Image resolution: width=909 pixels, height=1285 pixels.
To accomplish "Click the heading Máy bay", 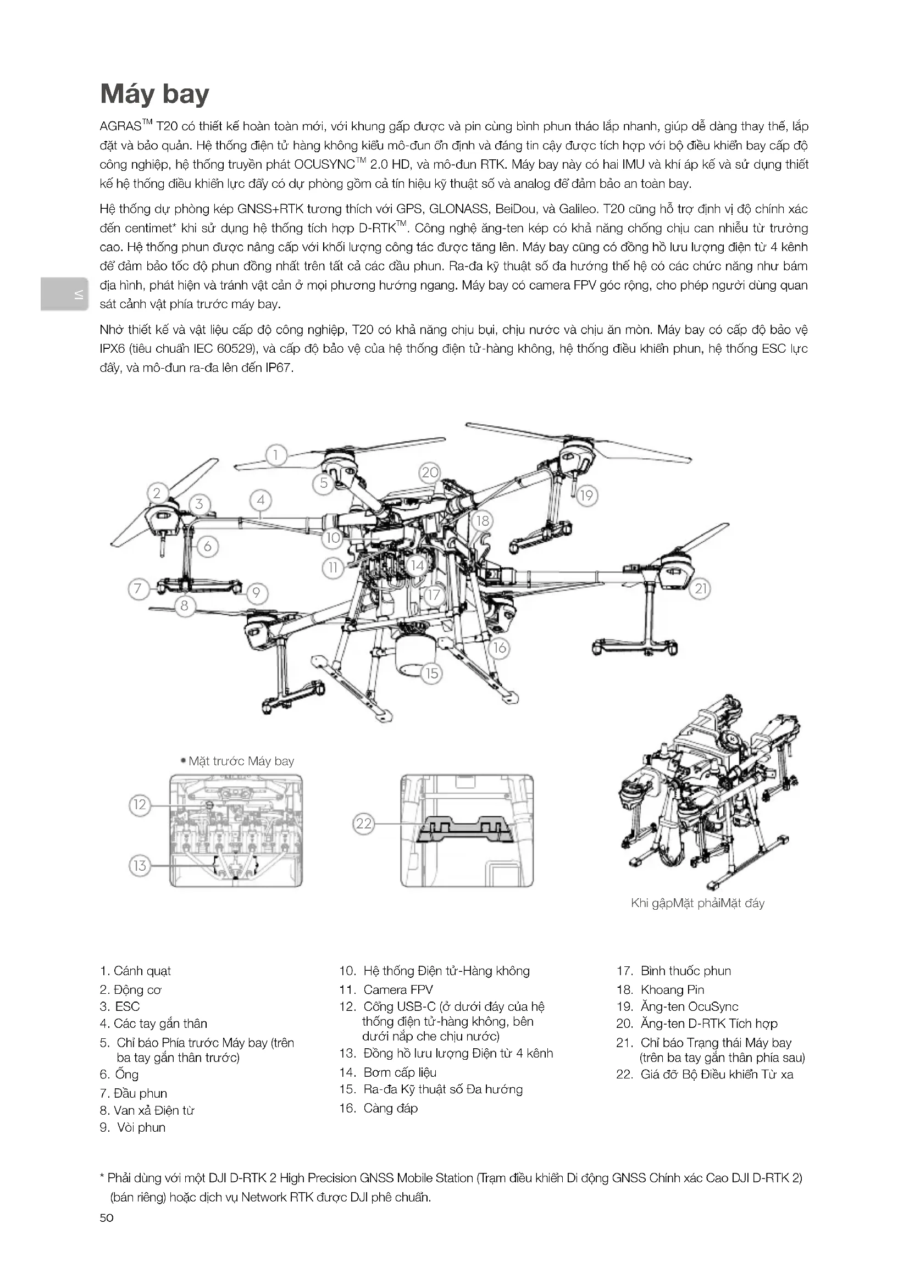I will (x=154, y=94).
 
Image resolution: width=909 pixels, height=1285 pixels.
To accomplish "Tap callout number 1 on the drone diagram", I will (x=275, y=455).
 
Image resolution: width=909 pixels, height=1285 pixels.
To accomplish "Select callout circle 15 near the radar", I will (x=431, y=673).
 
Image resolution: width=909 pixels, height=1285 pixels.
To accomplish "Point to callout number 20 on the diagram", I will (x=430, y=472).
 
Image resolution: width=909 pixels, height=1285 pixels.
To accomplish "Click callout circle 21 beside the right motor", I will (x=701, y=588).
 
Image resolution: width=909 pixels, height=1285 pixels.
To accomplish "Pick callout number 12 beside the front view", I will (x=140, y=805).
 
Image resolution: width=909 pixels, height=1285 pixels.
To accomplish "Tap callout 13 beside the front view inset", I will (x=140, y=866).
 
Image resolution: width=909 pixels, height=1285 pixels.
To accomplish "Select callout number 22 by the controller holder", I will (x=364, y=824).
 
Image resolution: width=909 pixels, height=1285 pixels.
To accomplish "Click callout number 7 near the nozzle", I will (x=138, y=588).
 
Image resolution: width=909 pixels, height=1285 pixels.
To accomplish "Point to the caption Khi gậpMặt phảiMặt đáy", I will (x=697, y=903).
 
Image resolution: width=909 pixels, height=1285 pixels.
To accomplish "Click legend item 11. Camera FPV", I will (x=386, y=989).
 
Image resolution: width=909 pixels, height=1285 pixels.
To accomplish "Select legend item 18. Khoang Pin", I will (x=661, y=989).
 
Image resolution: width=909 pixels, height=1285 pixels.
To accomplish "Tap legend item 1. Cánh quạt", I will (x=135, y=970).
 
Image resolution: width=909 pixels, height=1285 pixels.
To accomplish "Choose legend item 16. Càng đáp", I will (x=378, y=1108).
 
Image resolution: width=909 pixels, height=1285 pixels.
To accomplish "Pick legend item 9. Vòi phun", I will (x=133, y=1127).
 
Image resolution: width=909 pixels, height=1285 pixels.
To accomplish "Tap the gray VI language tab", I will (x=64, y=294).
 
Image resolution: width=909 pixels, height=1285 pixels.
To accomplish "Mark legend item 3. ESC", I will (x=119, y=1006).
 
